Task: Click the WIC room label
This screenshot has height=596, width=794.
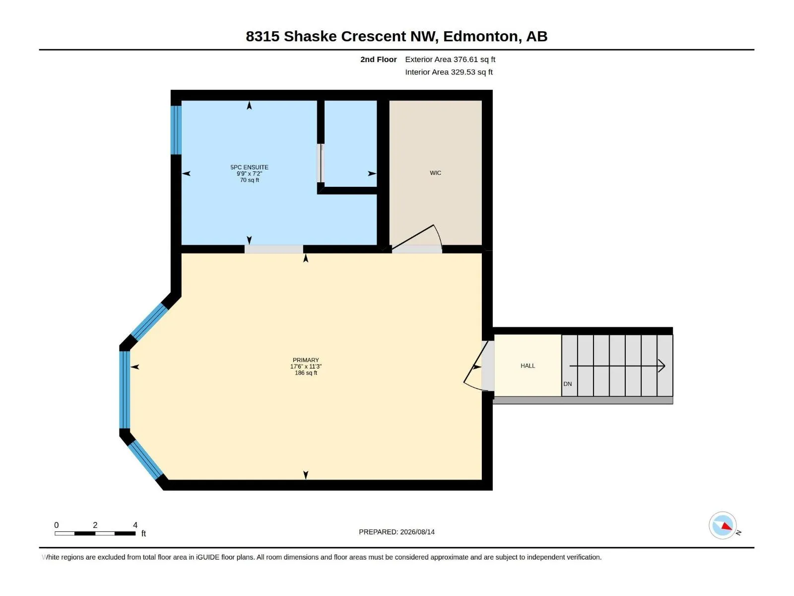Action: pos(435,173)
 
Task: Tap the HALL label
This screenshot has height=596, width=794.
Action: pos(528,366)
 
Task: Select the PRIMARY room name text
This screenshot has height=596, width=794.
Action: pos(306,360)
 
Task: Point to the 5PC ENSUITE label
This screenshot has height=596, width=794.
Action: pos(249,167)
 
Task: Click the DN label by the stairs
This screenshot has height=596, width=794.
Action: pos(567,384)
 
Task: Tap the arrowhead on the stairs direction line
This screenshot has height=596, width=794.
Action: pos(662,366)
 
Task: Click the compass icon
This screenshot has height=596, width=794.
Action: pos(723,525)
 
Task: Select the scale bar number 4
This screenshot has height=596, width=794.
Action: pos(135,525)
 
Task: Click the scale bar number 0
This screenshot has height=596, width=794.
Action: pos(57,525)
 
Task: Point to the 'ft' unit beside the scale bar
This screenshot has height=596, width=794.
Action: pos(143,533)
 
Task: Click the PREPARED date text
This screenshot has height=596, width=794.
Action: pos(397,532)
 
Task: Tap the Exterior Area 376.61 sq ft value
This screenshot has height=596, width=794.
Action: pos(450,59)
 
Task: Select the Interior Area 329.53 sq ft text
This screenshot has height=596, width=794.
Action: pos(449,72)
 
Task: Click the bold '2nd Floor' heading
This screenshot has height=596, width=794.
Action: pos(378,59)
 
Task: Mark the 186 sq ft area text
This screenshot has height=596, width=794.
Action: pos(306,372)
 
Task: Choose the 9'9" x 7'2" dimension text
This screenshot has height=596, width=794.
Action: pos(249,174)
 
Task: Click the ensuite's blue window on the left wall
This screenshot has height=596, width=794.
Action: pos(176,130)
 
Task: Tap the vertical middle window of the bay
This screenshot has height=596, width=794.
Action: pos(125,390)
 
